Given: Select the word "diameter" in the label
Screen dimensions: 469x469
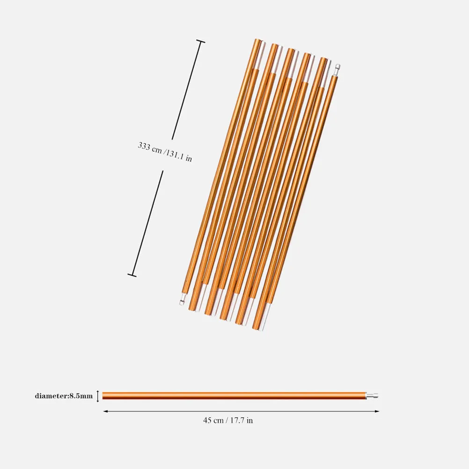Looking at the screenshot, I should [x=51, y=396].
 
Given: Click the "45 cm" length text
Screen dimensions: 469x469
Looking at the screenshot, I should [x=213, y=420].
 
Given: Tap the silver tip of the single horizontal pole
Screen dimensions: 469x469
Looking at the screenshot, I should [x=372, y=396].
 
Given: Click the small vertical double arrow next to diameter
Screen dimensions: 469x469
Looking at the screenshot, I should [x=98, y=396].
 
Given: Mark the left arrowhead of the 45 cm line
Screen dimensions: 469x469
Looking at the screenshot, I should [x=105, y=411].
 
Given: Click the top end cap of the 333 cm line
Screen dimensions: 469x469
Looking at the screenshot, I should [x=200, y=42].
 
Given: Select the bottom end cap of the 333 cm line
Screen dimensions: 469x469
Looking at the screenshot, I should [x=132, y=275].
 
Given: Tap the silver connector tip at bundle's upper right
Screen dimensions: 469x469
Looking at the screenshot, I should [x=337, y=68].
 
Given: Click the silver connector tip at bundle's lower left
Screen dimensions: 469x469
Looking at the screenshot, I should [x=182, y=302].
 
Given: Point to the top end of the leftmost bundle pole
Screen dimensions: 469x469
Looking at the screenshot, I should [x=258, y=42].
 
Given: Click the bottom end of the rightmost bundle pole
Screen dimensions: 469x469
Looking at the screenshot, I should [x=256, y=326].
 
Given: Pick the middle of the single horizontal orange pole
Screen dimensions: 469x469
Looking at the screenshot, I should [x=234, y=396].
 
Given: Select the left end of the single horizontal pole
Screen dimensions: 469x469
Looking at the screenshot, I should [x=104, y=396].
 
